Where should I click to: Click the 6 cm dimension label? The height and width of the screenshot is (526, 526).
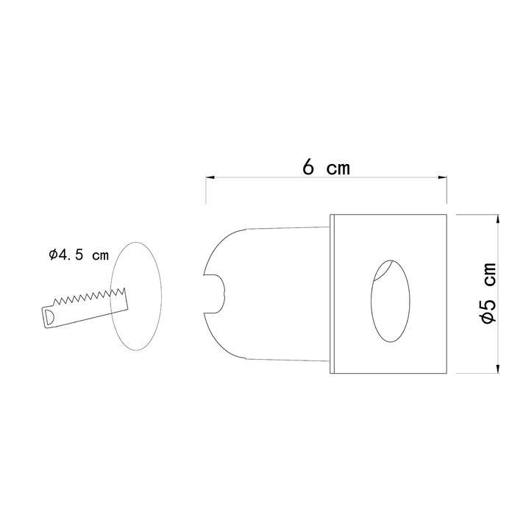[326, 167]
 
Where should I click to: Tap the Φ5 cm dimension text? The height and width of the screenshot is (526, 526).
[488, 293]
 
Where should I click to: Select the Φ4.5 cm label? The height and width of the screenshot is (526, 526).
[79, 255]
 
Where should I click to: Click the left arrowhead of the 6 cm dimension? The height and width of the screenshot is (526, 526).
[210, 177]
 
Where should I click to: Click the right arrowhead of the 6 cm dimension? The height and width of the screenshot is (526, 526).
[442, 177]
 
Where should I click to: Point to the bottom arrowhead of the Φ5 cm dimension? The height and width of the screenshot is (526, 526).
[497, 369]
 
